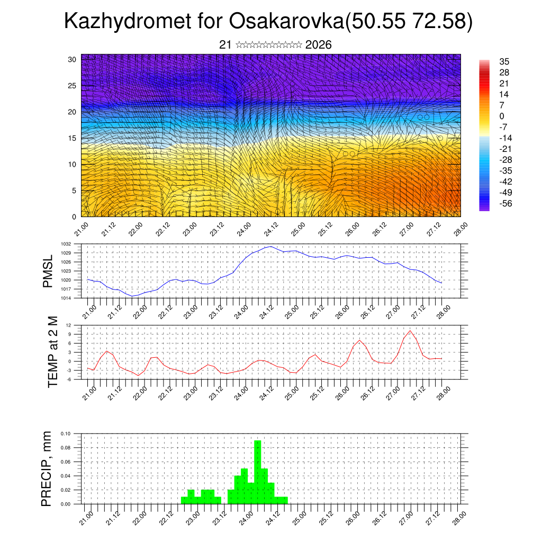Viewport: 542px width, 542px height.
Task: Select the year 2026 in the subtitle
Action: pos(319,45)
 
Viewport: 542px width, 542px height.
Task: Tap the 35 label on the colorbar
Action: pos(504,62)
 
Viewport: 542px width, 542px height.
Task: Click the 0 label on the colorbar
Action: pos(502,116)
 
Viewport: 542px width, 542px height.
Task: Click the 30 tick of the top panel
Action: pos(72,59)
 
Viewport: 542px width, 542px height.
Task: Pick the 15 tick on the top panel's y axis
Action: pos(72,138)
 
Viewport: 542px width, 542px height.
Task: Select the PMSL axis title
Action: pos(48,271)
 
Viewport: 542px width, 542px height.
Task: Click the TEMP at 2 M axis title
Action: pos(52,351)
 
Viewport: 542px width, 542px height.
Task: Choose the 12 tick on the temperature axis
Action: pos(69,325)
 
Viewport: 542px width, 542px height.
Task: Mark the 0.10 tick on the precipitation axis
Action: pos(66,433)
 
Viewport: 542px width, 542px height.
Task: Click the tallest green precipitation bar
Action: pos(258,471)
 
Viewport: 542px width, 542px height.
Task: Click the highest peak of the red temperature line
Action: pos(410,331)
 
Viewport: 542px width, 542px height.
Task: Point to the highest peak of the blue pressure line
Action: pos(270,246)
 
